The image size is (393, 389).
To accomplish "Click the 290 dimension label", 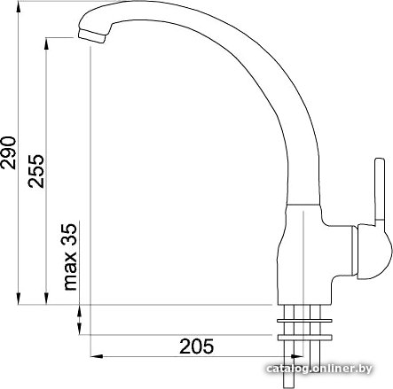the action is (8, 152).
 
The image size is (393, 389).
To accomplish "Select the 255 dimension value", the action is (36, 171).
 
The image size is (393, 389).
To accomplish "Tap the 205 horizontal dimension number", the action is (196, 346).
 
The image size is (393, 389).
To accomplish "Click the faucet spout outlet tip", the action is (91, 36).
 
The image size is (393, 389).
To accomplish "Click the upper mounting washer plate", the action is (304, 321).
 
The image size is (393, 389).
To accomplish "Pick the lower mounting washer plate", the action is (304, 338).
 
